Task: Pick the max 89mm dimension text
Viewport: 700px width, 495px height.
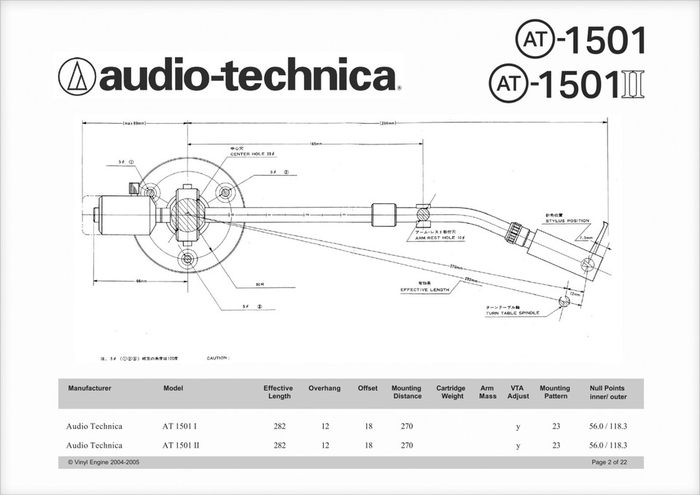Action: (x=134, y=124)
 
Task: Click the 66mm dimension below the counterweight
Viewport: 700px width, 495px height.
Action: (x=141, y=281)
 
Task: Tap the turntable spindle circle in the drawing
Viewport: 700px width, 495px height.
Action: (x=564, y=302)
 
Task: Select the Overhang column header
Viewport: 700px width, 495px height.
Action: (x=324, y=389)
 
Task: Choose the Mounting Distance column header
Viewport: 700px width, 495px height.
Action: (x=406, y=392)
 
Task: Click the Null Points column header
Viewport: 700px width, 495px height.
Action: (x=607, y=392)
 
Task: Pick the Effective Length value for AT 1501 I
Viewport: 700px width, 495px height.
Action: (x=279, y=426)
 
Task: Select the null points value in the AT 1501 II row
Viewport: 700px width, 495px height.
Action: (x=607, y=445)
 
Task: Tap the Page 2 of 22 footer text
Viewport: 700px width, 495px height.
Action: (x=609, y=463)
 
